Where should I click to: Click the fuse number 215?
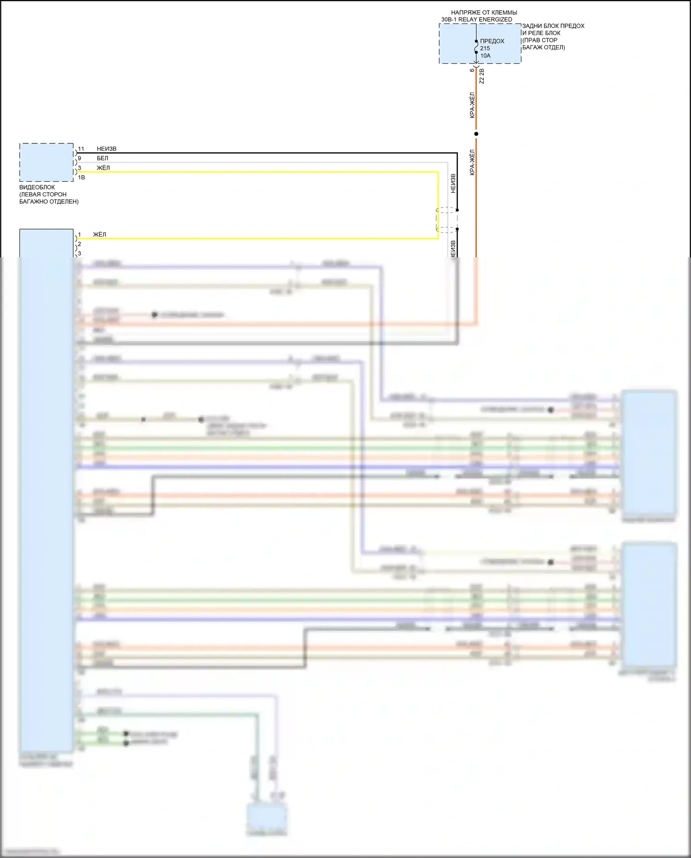pos(485,48)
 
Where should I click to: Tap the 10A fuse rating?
pos(486,56)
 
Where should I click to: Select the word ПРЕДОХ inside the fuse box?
pos(492,41)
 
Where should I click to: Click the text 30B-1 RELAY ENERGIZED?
pos(477,19)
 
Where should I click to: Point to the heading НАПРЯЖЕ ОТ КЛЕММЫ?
pos(484,12)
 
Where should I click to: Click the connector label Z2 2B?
pos(482,77)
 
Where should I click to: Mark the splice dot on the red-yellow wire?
pos(476,134)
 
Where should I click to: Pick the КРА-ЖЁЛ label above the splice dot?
pos(472,105)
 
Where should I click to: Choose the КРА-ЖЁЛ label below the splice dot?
pos(472,162)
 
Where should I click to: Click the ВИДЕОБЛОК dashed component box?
pos(46,162)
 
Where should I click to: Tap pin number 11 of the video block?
pos(81,149)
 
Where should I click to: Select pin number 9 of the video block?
pos(79,158)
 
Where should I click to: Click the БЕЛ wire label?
pos(102,158)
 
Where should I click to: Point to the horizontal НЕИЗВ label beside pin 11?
pos(106,149)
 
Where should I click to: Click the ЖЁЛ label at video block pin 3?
pos(103,168)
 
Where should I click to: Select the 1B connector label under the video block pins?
pos(81,178)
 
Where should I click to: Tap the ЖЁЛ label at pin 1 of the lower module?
pos(100,235)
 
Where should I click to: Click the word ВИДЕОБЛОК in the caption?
pos(37,187)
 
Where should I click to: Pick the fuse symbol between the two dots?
pos(476,47)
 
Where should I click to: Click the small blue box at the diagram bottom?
pos(267,818)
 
